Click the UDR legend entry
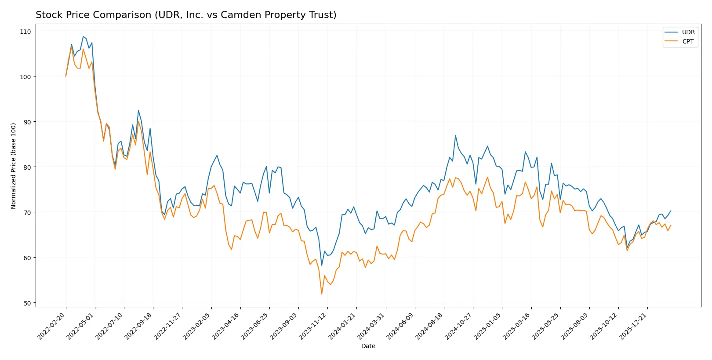(x=688, y=32)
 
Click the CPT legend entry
(x=688, y=41)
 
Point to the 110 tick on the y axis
(x=25, y=32)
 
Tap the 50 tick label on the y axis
(x=27, y=303)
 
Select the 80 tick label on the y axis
(x=27, y=167)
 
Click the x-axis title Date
(x=368, y=346)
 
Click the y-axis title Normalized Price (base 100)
(x=14, y=166)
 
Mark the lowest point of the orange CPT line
(x=322, y=294)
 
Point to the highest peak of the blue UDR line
(x=83, y=36)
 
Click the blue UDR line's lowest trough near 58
(x=322, y=265)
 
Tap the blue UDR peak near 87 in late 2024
(x=455, y=135)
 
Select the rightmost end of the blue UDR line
(x=671, y=211)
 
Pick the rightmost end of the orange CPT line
(x=671, y=225)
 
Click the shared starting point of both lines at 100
(x=66, y=76)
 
